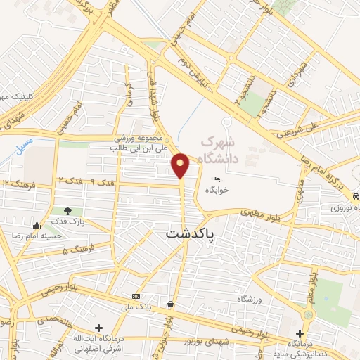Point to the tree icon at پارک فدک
click(67, 210)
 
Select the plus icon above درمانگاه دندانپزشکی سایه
click(300, 333)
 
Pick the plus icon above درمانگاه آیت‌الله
click(99, 328)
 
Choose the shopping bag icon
click(170, 304)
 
